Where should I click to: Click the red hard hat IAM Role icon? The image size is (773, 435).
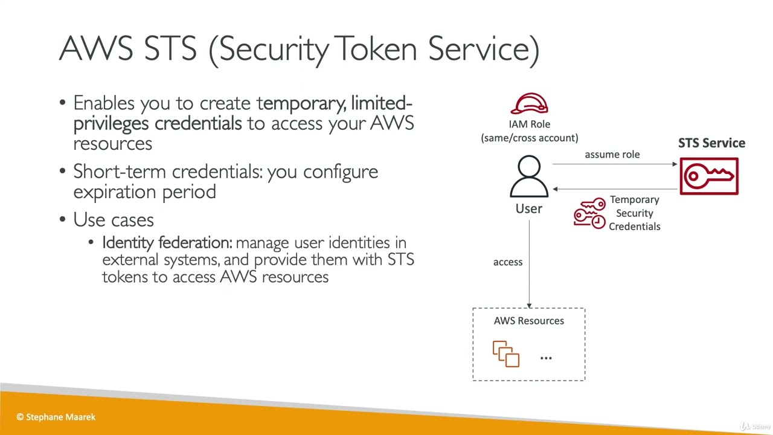pyautogui.click(x=529, y=104)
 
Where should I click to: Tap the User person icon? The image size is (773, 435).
pyautogui.click(x=529, y=176)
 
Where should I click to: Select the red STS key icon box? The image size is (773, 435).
pyautogui.click(x=709, y=176)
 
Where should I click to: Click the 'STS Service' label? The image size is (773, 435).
pyautogui.click(x=711, y=143)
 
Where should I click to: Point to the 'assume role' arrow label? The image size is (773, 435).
pyautogui.click(x=612, y=155)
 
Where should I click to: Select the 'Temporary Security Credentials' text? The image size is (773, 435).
pyautogui.click(x=634, y=213)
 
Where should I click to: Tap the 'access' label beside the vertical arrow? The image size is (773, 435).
pyautogui.click(x=507, y=262)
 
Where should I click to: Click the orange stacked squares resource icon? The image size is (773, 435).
pyautogui.click(x=506, y=354)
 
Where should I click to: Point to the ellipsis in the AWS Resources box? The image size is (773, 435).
pyautogui.click(x=546, y=358)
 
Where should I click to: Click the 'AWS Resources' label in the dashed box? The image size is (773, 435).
pyautogui.click(x=528, y=321)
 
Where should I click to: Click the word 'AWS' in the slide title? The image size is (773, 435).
pyautogui.click(x=96, y=48)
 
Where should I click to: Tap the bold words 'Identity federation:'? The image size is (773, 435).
pyautogui.click(x=167, y=243)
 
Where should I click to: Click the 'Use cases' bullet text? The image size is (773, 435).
pyautogui.click(x=114, y=220)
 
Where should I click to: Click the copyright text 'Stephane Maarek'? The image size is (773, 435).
pyautogui.click(x=60, y=417)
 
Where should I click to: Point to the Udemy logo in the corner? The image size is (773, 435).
pyautogui.click(x=755, y=426)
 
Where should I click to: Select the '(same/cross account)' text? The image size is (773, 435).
pyautogui.click(x=529, y=138)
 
